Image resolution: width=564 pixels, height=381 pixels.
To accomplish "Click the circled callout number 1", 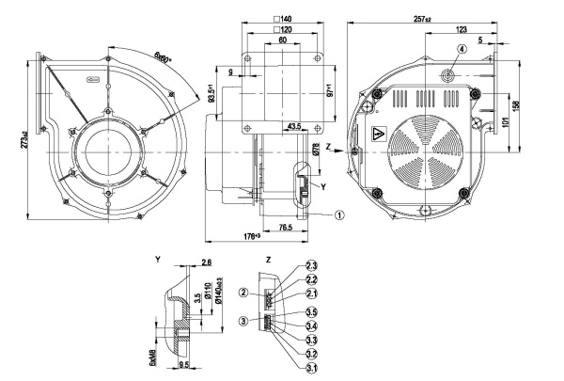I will [x=339, y=214].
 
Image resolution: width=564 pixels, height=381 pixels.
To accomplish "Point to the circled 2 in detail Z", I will [x=243, y=294].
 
